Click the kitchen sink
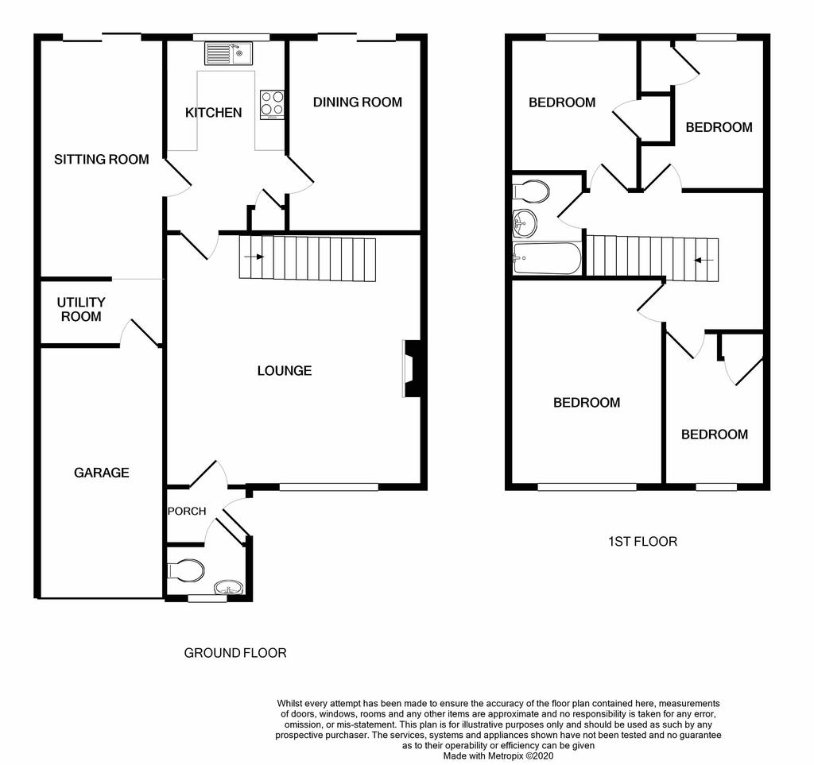(x=228, y=53)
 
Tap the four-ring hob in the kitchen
(x=272, y=105)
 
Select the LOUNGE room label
(x=285, y=370)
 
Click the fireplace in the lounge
(x=412, y=369)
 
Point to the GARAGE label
(x=101, y=473)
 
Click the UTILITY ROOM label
(x=81, y=309)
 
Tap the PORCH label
(x=187, y=511)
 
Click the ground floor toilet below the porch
(x=186, y=571)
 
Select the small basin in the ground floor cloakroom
(x=228, y=588)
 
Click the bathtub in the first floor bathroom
(x=547, y=258)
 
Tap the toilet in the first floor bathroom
(x=530, y=192)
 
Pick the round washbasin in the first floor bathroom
(x=525, y=223)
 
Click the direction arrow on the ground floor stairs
(x=254, y=257)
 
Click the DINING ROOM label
(x=357, y=102)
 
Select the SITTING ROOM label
(x=101, y=159)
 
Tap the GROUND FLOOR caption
(x=235, y=652)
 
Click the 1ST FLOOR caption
(x=642, y=542)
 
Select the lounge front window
(x=328, y=486)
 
